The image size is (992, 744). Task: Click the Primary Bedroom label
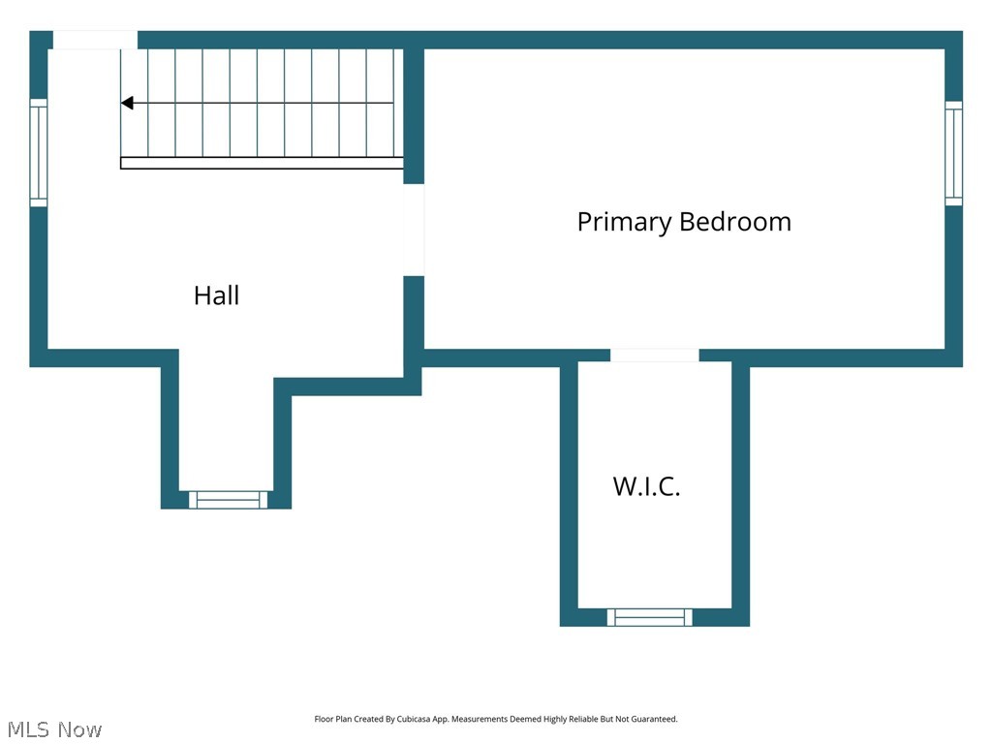[x=684, y=222]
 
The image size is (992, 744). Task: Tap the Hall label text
[x=216, y=295]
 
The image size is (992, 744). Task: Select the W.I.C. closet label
[x=646, y=486]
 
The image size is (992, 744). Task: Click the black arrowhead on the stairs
[x=127, y=103]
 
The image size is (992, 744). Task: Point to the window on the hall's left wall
[x=39, y=152]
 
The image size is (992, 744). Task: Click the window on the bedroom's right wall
[x=953, y=153]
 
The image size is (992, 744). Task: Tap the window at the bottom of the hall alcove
[x=228, y=500]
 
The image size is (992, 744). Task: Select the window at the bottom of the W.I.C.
[x=650, y=617]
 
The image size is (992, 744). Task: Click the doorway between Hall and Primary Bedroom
[x=414, y=231]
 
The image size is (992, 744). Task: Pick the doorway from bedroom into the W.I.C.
[x=655, y=355]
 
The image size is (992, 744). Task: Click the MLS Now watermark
[x=54, y=729]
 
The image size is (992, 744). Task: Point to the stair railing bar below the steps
[x=262, y=163]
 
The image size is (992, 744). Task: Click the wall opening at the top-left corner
[x=95, y=40]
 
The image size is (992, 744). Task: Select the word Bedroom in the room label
[x=735, y=222]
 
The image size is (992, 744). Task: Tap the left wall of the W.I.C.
[x=569, y=493]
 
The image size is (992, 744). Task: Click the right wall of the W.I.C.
[x=741, y=493]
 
